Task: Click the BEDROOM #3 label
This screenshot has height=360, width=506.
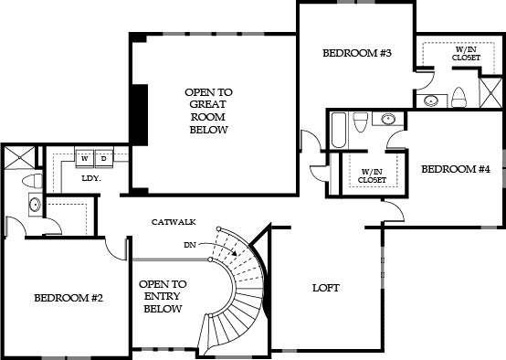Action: [357, 53]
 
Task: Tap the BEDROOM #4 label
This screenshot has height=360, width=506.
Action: [456, 169]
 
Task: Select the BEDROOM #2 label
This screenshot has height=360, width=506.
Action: [69, 298]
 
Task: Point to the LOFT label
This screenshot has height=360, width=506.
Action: [326, 288]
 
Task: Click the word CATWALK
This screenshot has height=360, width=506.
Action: [174, 222]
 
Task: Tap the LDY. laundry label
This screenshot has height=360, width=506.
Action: [91, 178]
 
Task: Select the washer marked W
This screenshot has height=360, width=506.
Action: [85, 159]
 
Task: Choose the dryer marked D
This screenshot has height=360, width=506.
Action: [103, 159]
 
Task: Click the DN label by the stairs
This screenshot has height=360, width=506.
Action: [190, 245]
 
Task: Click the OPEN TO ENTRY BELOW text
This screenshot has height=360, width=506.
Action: [163, 296]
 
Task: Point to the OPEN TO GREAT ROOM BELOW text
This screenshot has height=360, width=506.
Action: [208, 111]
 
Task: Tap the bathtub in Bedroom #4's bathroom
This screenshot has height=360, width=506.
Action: [339, 130]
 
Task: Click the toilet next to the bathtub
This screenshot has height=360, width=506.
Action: [361, 122]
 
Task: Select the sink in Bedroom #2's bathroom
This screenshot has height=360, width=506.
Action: [35, 204]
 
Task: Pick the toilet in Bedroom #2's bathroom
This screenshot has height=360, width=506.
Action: [32, 181]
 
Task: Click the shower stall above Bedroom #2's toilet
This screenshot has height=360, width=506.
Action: [20, 157]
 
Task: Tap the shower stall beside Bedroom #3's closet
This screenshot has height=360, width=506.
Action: [491, 92]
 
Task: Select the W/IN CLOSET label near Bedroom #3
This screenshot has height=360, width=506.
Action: [466, 54]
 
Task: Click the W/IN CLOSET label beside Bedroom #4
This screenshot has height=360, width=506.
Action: [372, 176]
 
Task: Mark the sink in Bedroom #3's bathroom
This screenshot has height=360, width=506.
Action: [431, 101]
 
